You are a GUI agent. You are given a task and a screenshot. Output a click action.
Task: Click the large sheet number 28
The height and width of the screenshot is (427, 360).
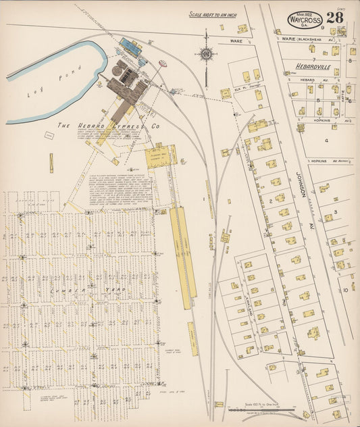click(334, 18)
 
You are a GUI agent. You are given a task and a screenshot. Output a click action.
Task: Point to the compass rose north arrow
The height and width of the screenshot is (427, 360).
click(206, 53)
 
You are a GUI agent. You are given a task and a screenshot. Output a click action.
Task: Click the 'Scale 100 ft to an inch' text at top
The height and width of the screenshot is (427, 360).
click(212, 14)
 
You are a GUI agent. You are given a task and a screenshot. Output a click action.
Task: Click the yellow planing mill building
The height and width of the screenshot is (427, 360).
click(161, 157)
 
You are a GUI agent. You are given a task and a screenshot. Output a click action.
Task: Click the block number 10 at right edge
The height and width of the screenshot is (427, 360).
click(344, 289)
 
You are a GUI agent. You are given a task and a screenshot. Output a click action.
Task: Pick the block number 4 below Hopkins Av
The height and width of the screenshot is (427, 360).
click(326, 140)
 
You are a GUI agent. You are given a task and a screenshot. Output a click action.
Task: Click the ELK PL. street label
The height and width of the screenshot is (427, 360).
click(233, 85)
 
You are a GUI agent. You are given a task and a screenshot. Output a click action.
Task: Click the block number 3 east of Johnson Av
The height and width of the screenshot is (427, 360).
click(334, 212)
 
